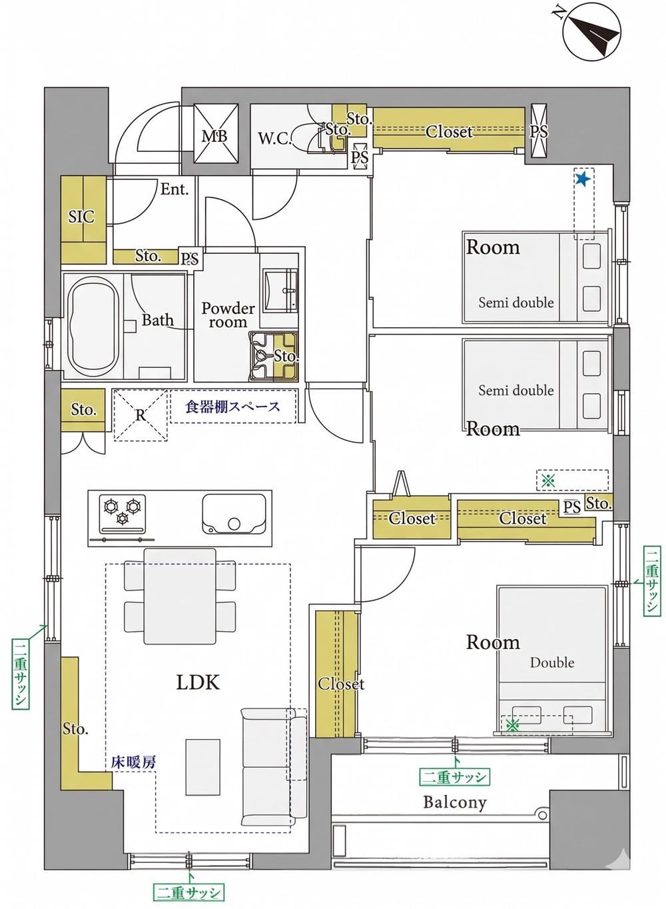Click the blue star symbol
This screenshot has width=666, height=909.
(x=583, y=179)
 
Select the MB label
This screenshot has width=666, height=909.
(x=214, y=137)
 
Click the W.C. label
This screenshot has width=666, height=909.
(x=276, y=139)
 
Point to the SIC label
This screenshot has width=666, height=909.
(x=81, y=217)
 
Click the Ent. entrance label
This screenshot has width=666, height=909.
(x=174, y=189)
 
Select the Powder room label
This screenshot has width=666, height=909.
(x=228, y=315)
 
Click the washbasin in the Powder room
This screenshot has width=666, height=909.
(x=280, y=290)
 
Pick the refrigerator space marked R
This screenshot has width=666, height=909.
(x=141, y=415)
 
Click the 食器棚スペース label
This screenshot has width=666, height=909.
(x=233, y=407)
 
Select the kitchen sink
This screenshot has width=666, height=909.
(x=234, y=513)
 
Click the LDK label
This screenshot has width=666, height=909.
(x=198, y=682)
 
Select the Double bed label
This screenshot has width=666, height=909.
(x=552, y=662)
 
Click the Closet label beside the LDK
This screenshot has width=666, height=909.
(x=341, y=684)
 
